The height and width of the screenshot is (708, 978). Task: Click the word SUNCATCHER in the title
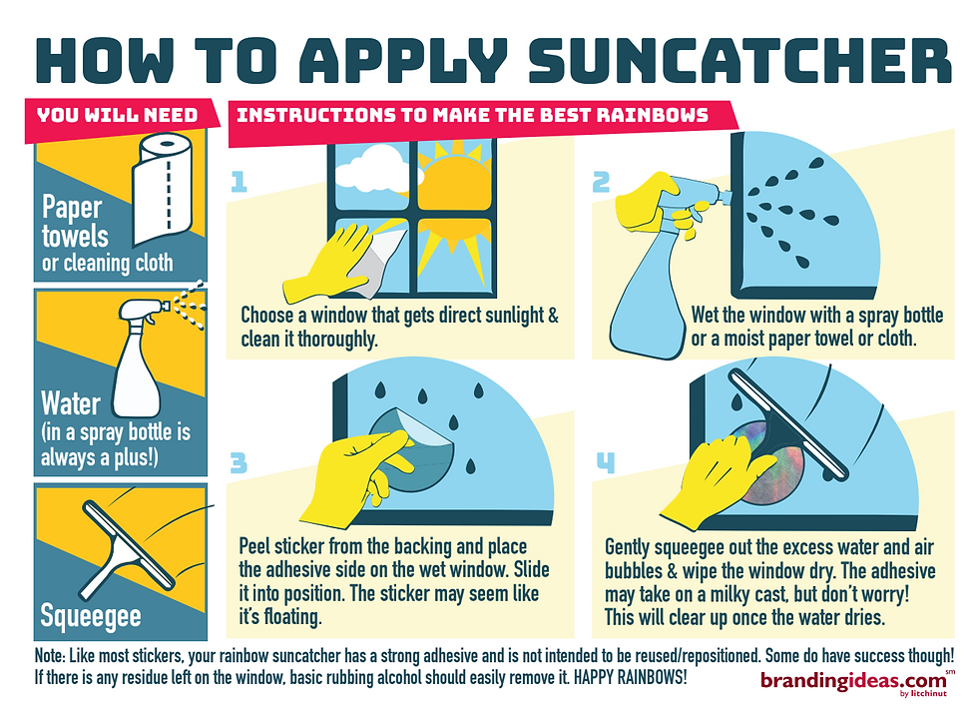(739, 61)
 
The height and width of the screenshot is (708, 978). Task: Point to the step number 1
(239, 182)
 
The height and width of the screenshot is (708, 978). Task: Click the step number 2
(601, 182)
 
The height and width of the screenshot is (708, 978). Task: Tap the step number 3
(239, 463)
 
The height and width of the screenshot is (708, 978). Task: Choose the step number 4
(606, 462)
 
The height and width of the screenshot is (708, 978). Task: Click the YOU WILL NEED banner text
(118, 116)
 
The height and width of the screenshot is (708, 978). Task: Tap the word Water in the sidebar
(71, 403)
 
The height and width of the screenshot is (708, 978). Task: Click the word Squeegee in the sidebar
(91, 616)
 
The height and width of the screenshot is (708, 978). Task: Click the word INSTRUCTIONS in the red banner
(315, 116)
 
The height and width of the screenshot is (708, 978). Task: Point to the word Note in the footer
(49, 656)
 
